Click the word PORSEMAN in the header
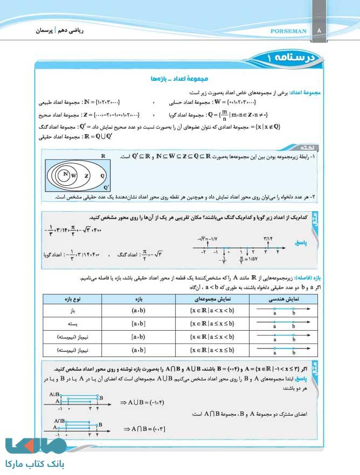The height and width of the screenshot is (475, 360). [x=288, y=31]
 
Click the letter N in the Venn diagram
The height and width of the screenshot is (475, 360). [x=65, y=174]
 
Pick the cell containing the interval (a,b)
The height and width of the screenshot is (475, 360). [x=139, y=311]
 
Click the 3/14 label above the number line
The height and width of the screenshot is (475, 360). [x=268, y=237]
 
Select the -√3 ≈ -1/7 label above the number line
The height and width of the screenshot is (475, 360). [x=209, y=237]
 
